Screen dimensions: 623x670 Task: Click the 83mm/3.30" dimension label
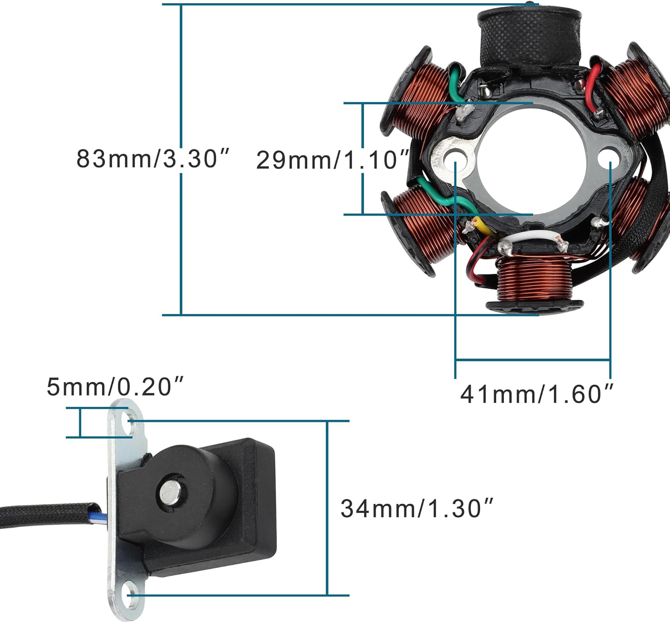point(152,158)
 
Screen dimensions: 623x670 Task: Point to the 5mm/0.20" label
point(115,386)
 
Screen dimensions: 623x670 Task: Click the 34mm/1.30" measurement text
point(417,508)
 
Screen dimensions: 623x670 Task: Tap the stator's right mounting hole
point(609,159)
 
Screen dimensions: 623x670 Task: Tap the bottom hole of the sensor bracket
point(131,595)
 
